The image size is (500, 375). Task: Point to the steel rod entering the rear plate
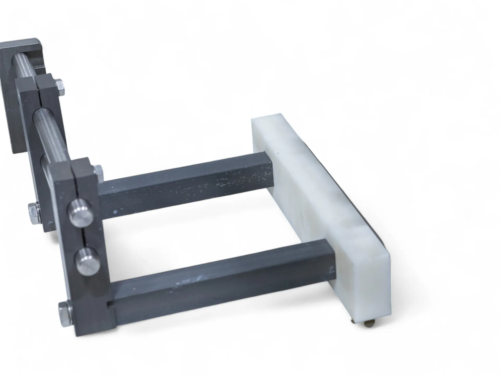pyautogui.click(x=23, y=69)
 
